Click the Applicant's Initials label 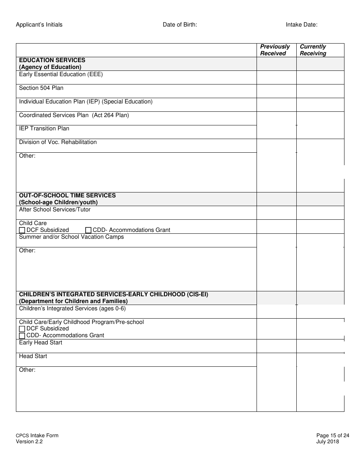(39, 25)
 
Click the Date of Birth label (180, 25)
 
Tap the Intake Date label (302, 25)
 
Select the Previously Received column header (275, 50)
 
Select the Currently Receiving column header (313, 50)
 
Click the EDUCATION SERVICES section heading (52, 60)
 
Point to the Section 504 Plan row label (41, 88)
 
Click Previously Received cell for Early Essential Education (276, 77)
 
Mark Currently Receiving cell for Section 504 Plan (320, 91)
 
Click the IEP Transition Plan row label (44, 128)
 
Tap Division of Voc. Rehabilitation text (58, 142)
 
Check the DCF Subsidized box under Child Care (22, 230)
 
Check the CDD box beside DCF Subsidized (88, 230)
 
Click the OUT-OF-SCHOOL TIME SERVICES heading (67, 195)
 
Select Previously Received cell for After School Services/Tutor (276, 213)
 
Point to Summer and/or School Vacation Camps (72, 237)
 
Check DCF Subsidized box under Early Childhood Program (22, 329)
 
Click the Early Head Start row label (41, 342)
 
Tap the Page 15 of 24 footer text (332, 435)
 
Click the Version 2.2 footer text (29, 441)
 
